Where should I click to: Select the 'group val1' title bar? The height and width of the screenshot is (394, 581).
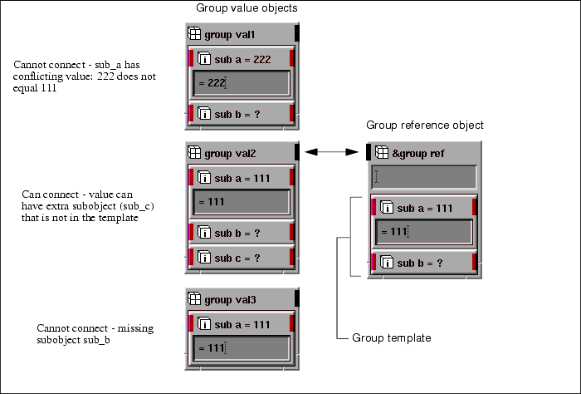click(x=240, y=35)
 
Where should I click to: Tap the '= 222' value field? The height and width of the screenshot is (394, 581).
click(x=241, y=83)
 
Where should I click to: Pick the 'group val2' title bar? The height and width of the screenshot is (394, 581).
click(x=240, y=153)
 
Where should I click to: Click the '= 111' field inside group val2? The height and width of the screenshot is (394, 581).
click(x=241, y=202)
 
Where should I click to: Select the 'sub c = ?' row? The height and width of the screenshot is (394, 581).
click(x=241, y=259)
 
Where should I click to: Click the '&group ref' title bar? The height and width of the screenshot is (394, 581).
click(x=423, y=153)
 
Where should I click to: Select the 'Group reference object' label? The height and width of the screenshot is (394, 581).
click(x=425, y=126)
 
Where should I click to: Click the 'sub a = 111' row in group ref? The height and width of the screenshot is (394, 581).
click(x=423, y=208)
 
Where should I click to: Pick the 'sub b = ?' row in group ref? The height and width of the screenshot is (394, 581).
click(x=423, y=263)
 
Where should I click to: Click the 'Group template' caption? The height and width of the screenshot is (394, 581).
click(x=391, y=338)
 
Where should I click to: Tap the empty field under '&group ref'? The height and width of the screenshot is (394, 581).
click(x=423, y=176)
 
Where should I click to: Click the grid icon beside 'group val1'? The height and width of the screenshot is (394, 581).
click(x=194, y=35)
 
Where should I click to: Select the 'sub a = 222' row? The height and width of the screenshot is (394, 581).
click(x=241, y=59)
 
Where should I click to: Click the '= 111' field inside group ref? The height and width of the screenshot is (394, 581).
click(x=423, y=232)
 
